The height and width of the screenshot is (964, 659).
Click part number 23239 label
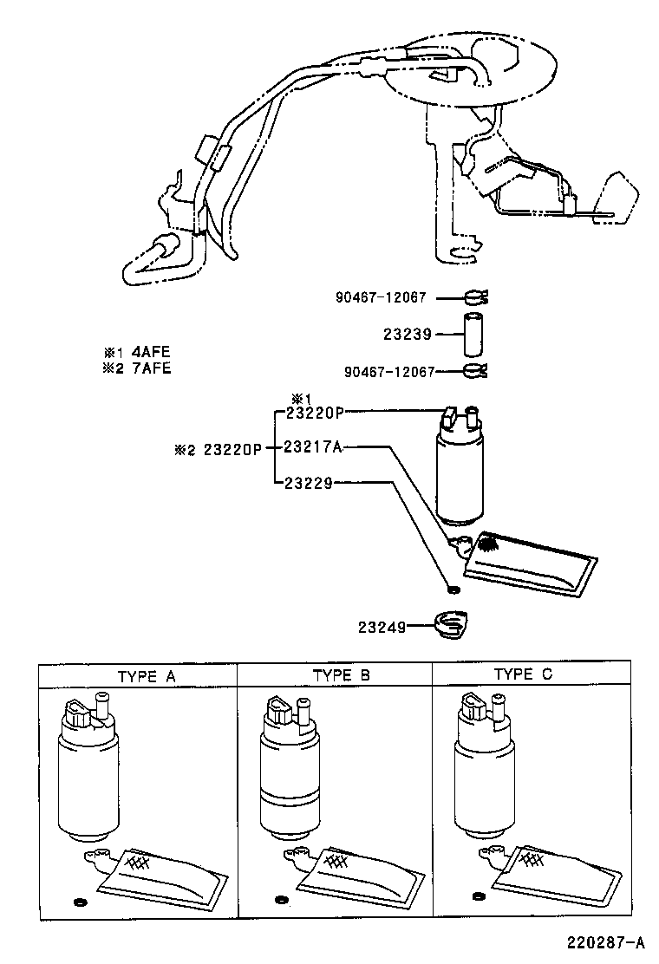(406, 333)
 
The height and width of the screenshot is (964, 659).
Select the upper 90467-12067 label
(381, 296)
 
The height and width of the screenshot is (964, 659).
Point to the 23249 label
(382, 625)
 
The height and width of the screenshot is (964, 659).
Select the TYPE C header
(523, 674)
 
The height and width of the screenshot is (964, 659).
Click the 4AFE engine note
(139, 352)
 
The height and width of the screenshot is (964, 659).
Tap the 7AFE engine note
(139, 368)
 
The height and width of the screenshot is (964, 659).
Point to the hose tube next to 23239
(473, 335)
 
